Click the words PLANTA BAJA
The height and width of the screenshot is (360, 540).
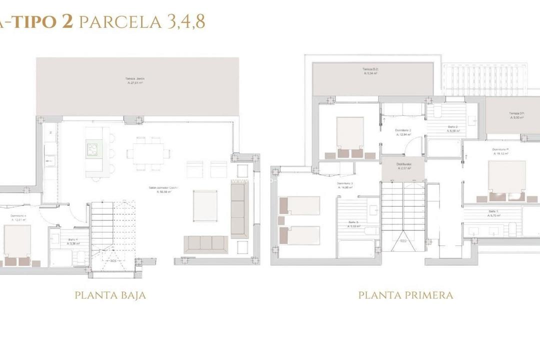[x=110, y=295]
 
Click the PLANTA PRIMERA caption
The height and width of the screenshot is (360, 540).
[x=405, y=295]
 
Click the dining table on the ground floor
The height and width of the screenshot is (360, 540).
[x=148, y=153]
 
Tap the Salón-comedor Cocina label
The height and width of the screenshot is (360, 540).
[x=163, y=189]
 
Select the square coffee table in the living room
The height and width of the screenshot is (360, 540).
[x=205, y=206]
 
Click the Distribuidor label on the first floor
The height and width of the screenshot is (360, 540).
[x=403, y=166]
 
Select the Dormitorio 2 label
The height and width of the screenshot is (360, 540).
[x=403, y=132]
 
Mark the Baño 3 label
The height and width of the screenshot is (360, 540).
[x=354, y=224]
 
